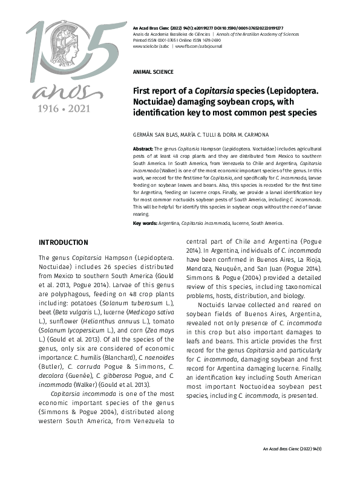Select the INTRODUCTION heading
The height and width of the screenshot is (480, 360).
[63, 242]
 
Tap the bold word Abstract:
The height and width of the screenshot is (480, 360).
[143, 148]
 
